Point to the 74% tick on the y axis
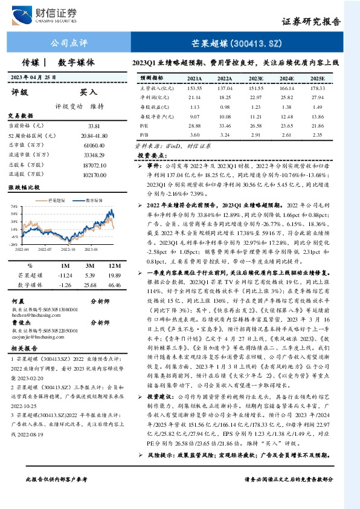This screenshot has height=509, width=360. (x=14, y=206)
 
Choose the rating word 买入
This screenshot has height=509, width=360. (x=89, y=92)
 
